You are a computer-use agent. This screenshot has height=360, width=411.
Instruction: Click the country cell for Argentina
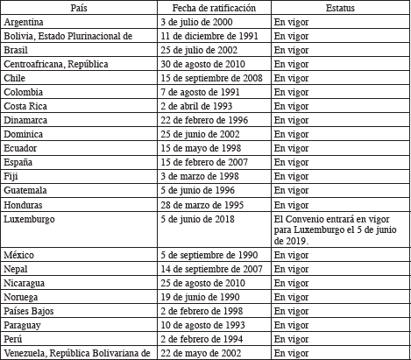pyautogui.click(x=25, y=21)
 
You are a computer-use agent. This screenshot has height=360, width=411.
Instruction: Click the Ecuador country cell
pyautogui.click(x=21, y=147)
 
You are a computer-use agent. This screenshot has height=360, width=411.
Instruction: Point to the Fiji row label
pyautogui.click(x=11, y=175)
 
